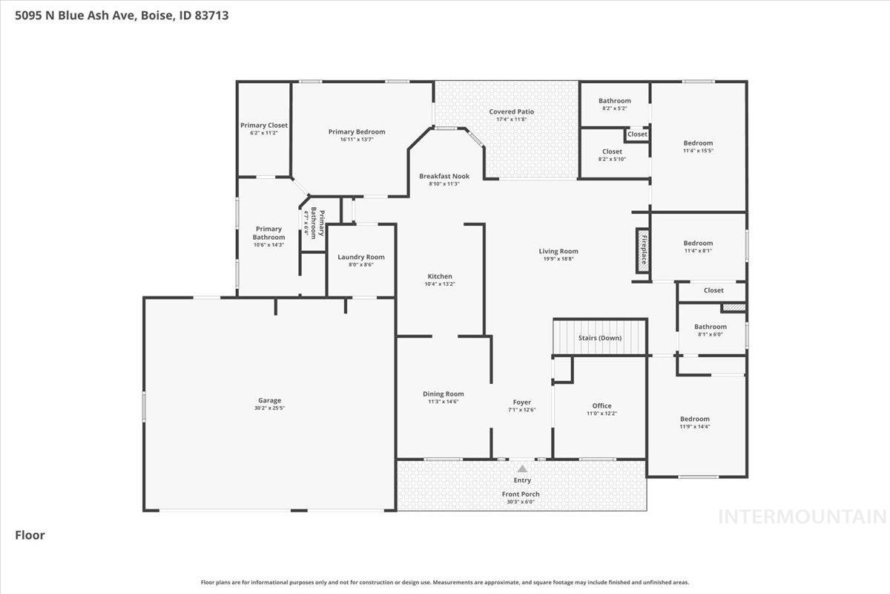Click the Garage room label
270,400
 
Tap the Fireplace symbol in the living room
642,251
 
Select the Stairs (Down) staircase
600,338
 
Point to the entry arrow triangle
522,469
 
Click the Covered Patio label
511,111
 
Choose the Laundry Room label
360,257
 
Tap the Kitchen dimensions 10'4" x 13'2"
439,284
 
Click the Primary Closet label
263,125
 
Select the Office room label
601,406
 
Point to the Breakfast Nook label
444,176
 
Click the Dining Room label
443,394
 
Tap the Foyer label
521,402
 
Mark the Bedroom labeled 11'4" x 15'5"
698,146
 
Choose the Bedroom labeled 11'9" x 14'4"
694,422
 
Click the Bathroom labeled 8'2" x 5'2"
614,104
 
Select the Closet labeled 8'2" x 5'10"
612,155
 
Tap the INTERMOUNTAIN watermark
802,516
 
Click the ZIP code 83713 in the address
212,14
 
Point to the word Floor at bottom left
30,535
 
